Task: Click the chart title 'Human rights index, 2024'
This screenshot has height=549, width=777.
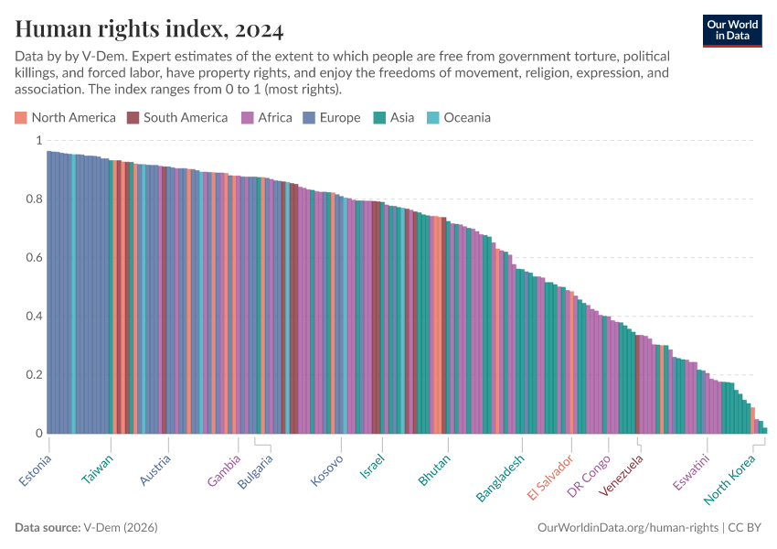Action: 149,30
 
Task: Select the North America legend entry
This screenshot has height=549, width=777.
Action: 65,117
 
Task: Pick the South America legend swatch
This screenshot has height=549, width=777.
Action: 133,117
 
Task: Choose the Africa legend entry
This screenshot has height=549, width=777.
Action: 266,117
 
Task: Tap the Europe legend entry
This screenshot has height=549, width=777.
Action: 333,117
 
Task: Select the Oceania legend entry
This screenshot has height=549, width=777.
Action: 459,117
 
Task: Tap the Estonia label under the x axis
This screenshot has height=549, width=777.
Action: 36,469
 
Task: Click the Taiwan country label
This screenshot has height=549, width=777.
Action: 98,469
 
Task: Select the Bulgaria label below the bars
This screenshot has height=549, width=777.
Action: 255,472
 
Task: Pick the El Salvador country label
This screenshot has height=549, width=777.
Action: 550,477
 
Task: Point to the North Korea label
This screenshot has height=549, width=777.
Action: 730,479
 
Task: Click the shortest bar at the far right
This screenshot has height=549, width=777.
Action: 764,429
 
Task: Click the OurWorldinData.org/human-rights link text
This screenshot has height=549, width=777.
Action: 626,528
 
